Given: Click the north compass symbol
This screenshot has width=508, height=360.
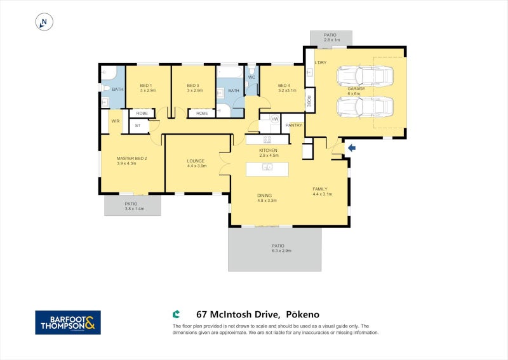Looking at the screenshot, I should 44,22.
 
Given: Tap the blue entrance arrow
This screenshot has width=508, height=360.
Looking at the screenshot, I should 352,148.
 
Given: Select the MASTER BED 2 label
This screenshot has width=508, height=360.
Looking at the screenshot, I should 132,158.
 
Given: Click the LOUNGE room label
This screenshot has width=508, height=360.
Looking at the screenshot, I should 195,161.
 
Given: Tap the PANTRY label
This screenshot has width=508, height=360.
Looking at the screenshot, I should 293,125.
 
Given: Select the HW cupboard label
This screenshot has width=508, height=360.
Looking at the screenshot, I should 274,119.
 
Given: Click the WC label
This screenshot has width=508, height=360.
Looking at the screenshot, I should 251,77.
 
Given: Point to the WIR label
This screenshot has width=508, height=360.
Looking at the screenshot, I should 116,121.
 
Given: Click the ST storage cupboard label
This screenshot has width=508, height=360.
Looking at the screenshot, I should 138,126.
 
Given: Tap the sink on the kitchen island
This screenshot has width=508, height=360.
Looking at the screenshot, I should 268,168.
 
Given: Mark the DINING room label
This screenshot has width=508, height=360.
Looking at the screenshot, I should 265,196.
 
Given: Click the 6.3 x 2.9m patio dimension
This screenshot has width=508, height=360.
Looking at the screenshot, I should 278,251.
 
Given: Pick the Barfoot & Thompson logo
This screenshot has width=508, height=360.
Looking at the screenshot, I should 67,322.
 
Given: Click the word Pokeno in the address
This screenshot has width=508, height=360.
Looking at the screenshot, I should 302,314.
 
